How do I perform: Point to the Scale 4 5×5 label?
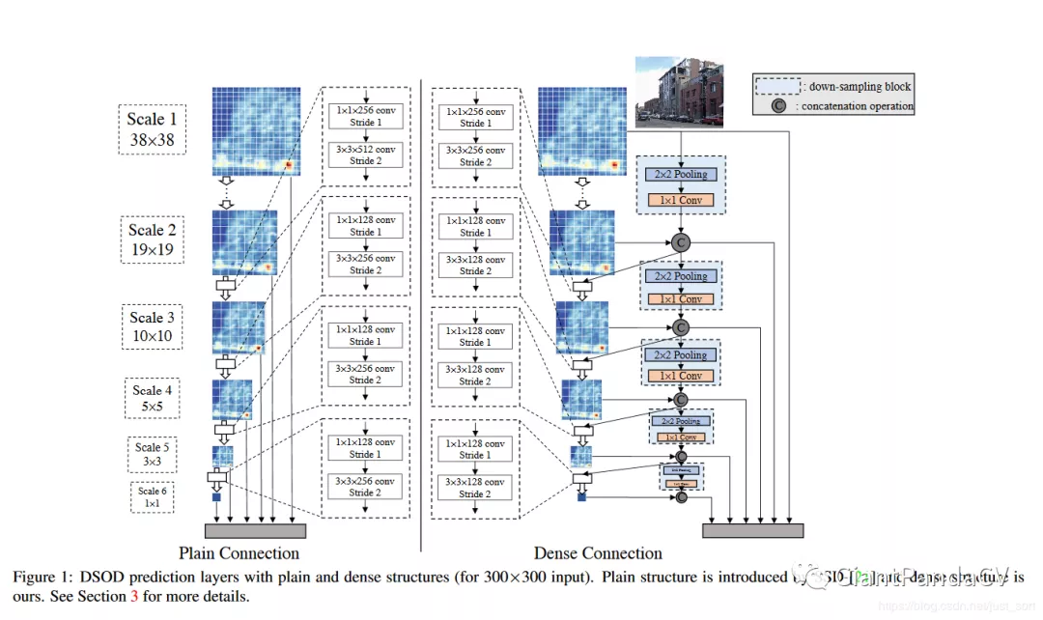[153, 399]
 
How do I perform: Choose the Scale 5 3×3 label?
[153, 455]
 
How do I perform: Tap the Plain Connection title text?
[239, 554]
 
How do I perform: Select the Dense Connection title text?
[598, 554]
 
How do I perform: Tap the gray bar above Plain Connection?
[255, 530]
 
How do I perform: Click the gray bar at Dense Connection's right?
[753, 530]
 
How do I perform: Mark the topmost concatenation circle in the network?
[682, 242]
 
